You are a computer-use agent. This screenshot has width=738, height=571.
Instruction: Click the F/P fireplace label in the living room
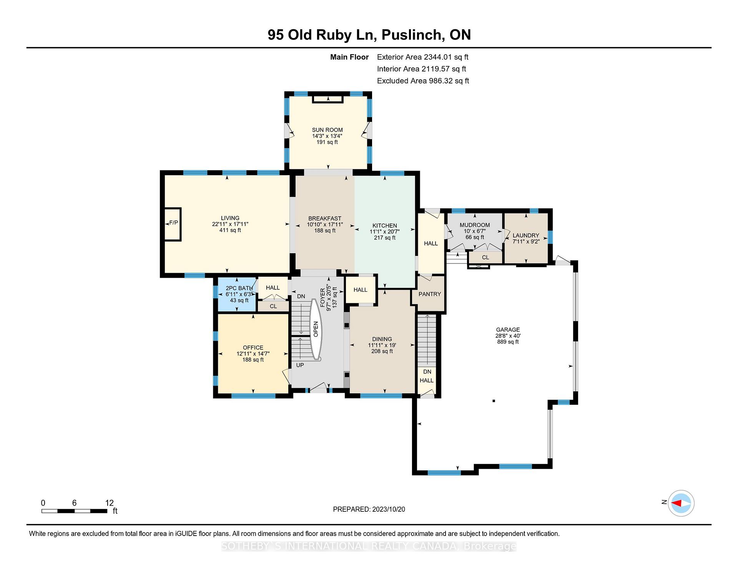point(173,223)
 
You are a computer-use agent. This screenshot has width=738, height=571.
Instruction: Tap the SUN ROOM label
point(327,130)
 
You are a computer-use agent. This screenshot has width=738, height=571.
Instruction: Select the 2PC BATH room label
point(239,288)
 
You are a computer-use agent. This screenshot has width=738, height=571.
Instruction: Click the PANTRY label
point(430,294)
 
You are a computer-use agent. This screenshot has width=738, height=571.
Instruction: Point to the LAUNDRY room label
point(526,235)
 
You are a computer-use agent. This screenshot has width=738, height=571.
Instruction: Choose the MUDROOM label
point(475,225)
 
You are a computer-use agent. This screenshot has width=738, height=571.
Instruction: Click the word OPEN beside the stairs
point(316,329)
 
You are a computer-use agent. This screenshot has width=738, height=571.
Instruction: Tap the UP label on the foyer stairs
point(300,365)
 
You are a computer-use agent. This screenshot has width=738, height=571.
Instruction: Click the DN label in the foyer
point(301,296)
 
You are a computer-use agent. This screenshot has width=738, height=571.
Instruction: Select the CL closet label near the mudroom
point(485,257)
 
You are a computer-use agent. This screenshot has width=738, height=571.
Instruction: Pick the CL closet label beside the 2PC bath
point(273,306)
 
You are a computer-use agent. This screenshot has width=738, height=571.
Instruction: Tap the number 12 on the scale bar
point(110,503)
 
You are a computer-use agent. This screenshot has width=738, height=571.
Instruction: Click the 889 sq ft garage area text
point(508,342)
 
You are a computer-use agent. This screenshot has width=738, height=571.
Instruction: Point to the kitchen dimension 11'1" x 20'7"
point(385,232)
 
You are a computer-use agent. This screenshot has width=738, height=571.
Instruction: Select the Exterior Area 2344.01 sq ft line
point(423,57)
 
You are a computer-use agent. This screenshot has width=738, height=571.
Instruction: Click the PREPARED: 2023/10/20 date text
point(369,509)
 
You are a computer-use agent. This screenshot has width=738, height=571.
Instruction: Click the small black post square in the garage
point(494,401)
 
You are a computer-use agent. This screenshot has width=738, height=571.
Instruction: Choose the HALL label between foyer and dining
point(361,290)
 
